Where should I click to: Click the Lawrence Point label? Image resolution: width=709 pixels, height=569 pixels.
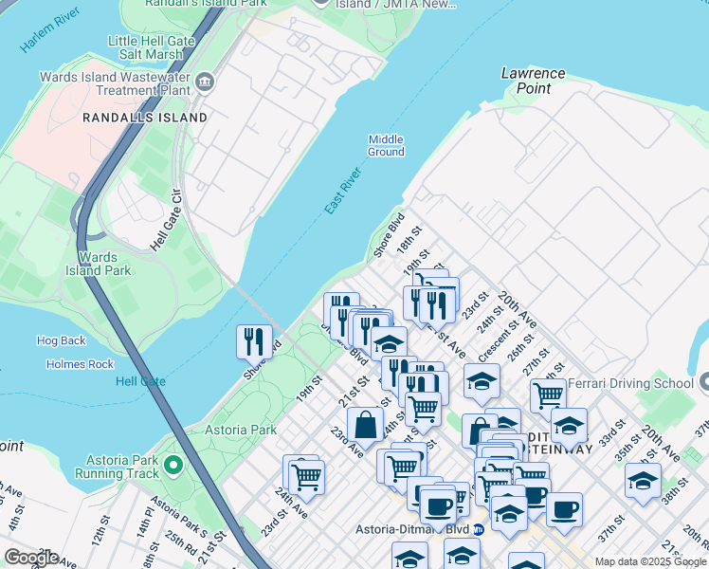(533, 81)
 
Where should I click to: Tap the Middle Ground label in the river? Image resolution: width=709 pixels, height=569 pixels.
(386, 145)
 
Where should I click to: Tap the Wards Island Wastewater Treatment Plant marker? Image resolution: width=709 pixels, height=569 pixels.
(206, 83)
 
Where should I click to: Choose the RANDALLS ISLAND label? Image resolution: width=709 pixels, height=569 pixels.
(145, 118)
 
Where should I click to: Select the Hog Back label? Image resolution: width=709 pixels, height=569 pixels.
(61, 340)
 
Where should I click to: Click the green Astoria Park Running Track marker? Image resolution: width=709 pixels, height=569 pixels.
(173, 465)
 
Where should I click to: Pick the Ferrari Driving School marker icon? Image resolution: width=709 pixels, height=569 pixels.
(702, 384)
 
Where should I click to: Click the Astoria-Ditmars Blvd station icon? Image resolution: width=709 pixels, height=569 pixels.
(480, 529)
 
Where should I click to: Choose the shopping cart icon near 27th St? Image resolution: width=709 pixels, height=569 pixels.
(548, 394)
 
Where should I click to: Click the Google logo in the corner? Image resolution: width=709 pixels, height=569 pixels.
(31, 558)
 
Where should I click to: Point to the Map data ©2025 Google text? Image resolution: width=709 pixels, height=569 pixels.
(649, 561)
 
